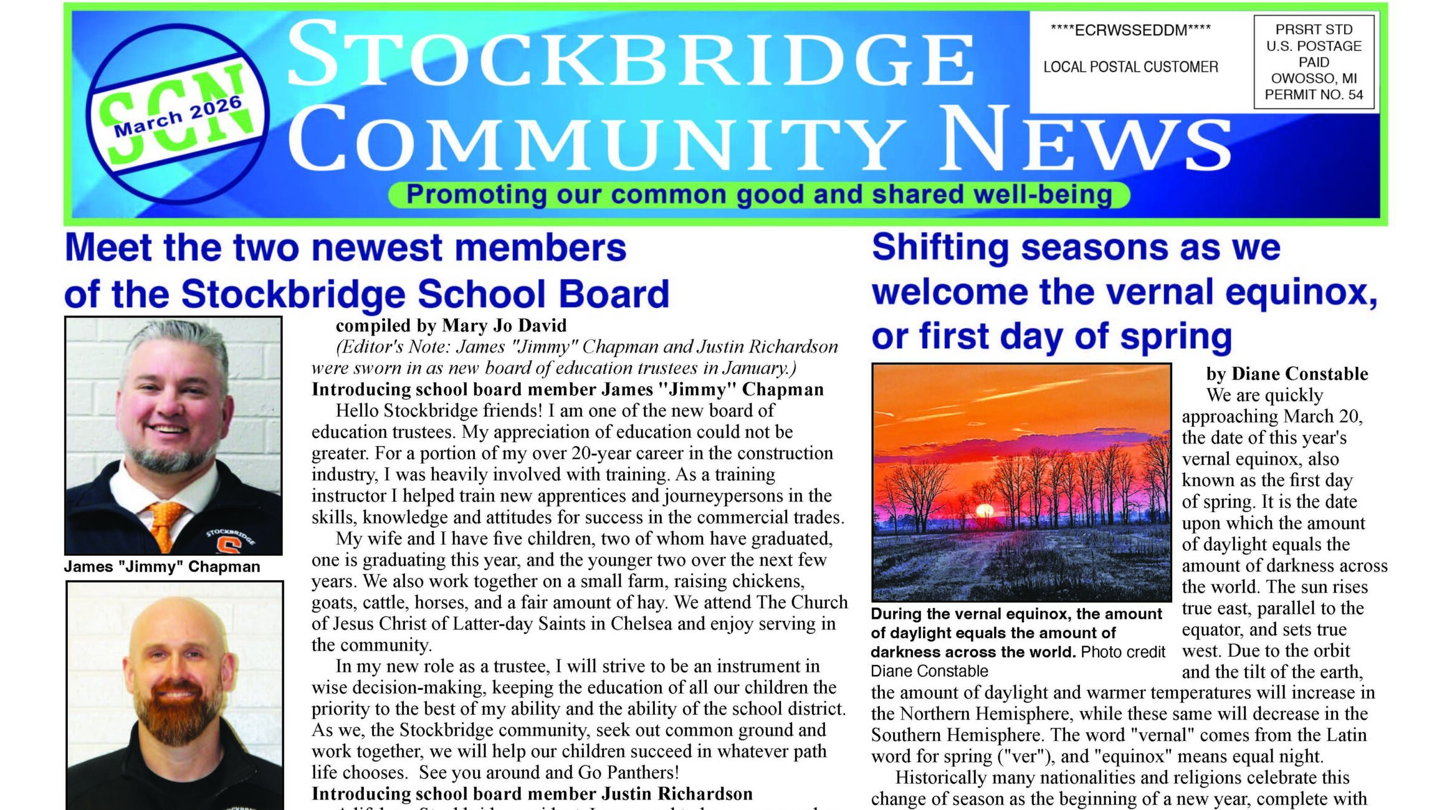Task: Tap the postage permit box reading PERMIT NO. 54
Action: click(1314, 62)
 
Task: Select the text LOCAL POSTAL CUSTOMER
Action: click(1130, 67)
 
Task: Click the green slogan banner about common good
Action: click(758, 195)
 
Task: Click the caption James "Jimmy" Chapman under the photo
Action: click(161, 566)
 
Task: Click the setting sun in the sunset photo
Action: click(984, 512)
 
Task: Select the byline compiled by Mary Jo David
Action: click(451, 325)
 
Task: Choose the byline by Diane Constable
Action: click(1287, 373)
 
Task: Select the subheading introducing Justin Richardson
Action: click(532, 793)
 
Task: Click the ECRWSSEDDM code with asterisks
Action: click(1130, 30)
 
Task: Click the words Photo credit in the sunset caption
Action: click(1122, 652)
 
